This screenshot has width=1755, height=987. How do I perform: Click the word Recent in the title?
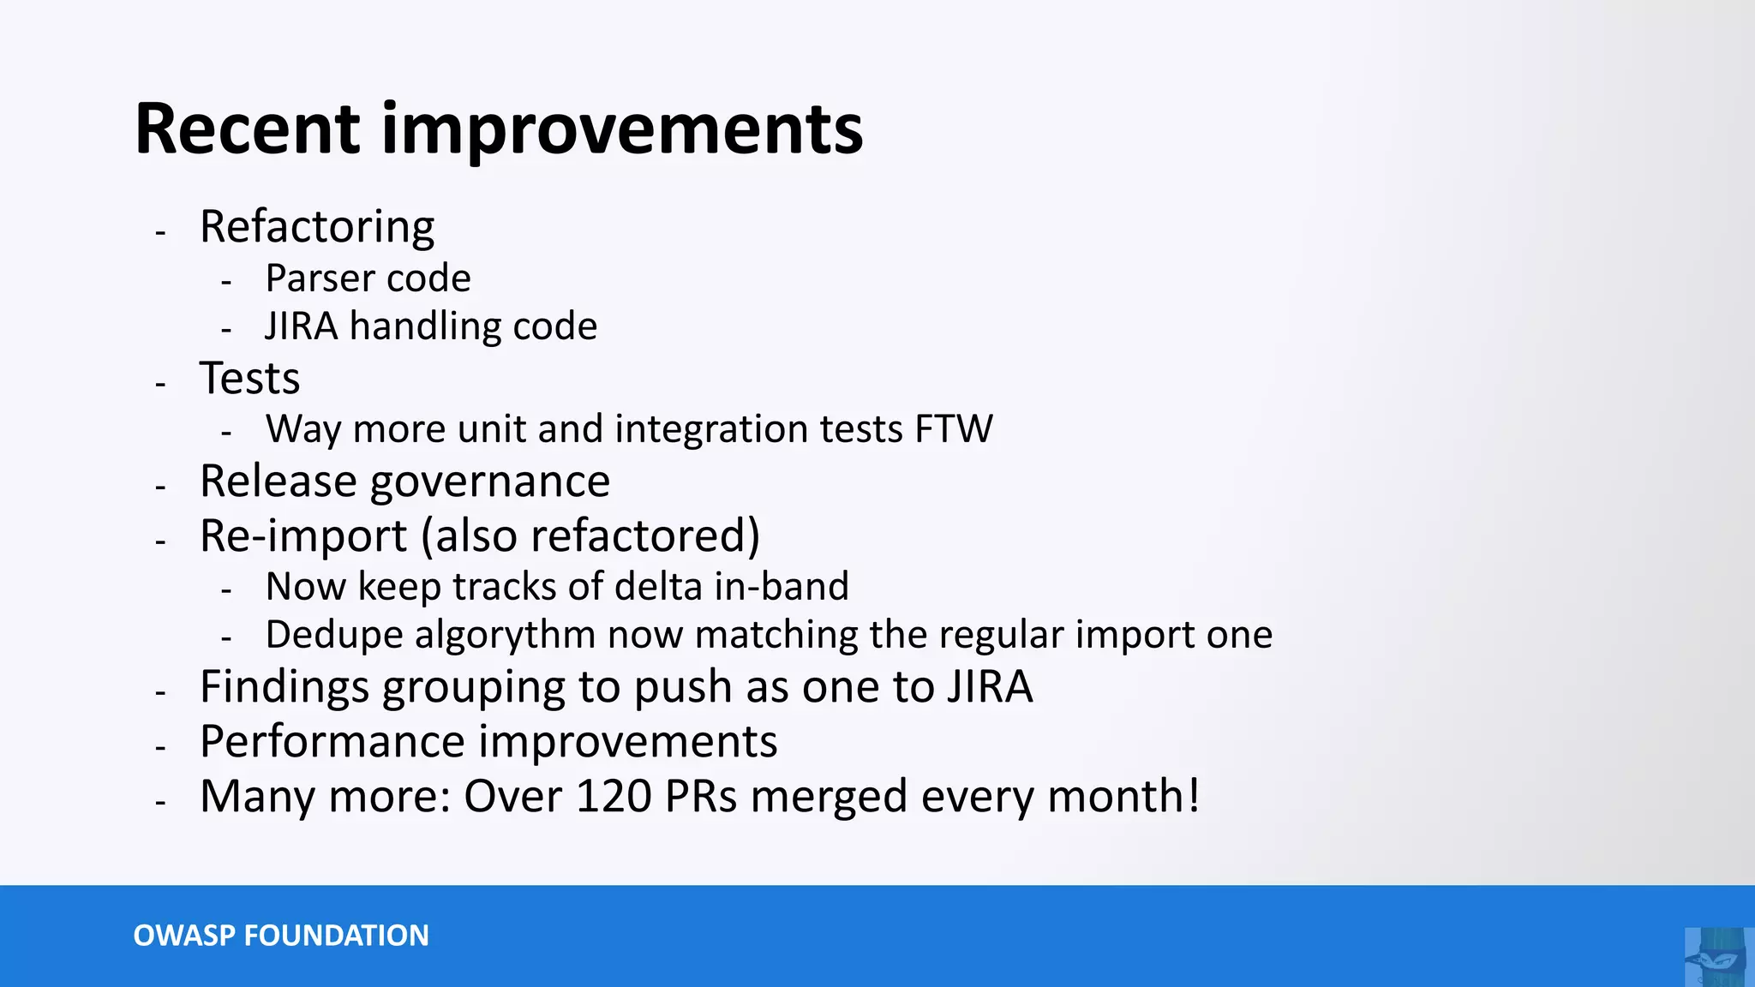coord(247,130)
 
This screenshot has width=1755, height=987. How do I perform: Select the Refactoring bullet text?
coord(317,228)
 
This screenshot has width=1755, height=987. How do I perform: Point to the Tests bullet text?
coord(249,379)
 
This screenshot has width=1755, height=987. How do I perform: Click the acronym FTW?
coord(953,429)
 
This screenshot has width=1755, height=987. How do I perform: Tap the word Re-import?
coord(302,536)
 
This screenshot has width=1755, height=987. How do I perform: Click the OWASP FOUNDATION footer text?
coord(281,936)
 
